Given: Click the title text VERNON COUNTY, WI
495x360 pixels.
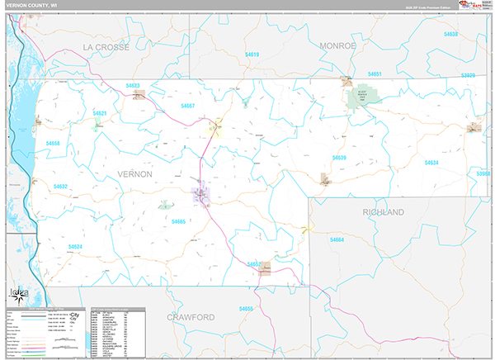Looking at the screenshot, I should point(34,6).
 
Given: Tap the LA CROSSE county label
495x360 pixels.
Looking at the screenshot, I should point(106,47).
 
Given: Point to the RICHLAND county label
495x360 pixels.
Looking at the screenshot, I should point(383,212).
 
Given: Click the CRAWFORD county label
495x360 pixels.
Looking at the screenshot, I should point(191,317).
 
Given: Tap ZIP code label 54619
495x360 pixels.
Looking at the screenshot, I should point(252,54).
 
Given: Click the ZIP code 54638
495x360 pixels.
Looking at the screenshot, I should point(450,34).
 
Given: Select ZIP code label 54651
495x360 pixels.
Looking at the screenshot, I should point(375,74).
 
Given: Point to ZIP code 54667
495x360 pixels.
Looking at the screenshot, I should point(187,106).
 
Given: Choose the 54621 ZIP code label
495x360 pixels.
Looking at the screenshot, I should point(101,113).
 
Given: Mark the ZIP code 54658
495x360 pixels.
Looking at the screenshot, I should point(54,144).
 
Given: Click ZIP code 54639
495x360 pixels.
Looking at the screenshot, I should point(339,157).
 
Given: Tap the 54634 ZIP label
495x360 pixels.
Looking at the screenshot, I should point(431,163).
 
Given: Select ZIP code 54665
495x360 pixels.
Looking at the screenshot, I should point(178,221).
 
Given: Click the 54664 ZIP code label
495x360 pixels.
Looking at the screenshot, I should point(336,239).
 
